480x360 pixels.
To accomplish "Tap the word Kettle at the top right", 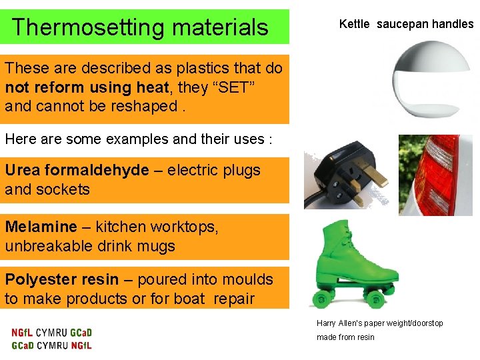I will coord(354,24).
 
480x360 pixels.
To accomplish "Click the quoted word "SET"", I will coord(231,87).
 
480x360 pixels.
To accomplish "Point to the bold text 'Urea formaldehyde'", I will coord(77,170).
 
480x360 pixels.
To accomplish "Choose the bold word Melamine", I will coord(41,227).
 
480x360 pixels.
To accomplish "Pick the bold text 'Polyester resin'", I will coord(61,279).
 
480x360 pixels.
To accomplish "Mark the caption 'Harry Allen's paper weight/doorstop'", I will coord(379,323).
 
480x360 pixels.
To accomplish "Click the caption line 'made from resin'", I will coord(345,337).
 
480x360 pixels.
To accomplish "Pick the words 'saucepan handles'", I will coord(425,24).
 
